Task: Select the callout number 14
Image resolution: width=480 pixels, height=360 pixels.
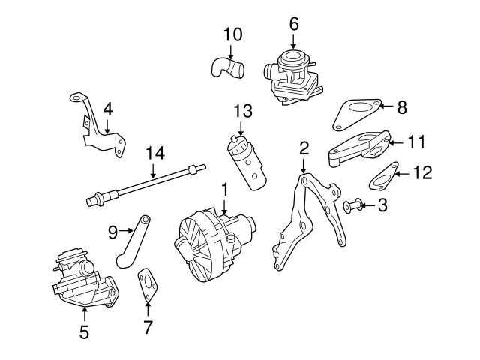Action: pyautogui.click(x=154, y=154)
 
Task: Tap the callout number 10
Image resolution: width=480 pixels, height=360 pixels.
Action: pyautogui.click(x=233, y=34)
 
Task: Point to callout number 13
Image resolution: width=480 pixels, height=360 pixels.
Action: pyautogui.click(x=241, y=111)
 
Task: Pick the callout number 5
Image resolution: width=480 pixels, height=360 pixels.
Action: pyautogui.click(x=84, y=330)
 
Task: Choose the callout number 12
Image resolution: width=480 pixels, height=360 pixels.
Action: pyautogui.click(x=422, y=173)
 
